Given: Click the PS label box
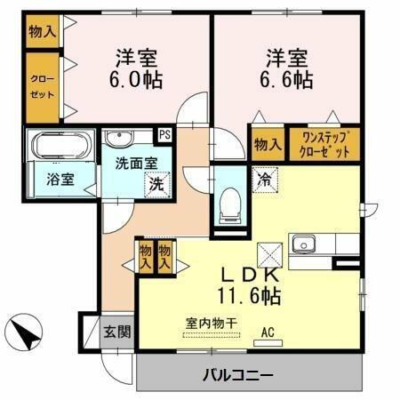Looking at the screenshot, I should (x=164, y=136).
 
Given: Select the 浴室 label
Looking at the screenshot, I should (x=60, y=179).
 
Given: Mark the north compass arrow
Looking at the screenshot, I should (x=26, y=333).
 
